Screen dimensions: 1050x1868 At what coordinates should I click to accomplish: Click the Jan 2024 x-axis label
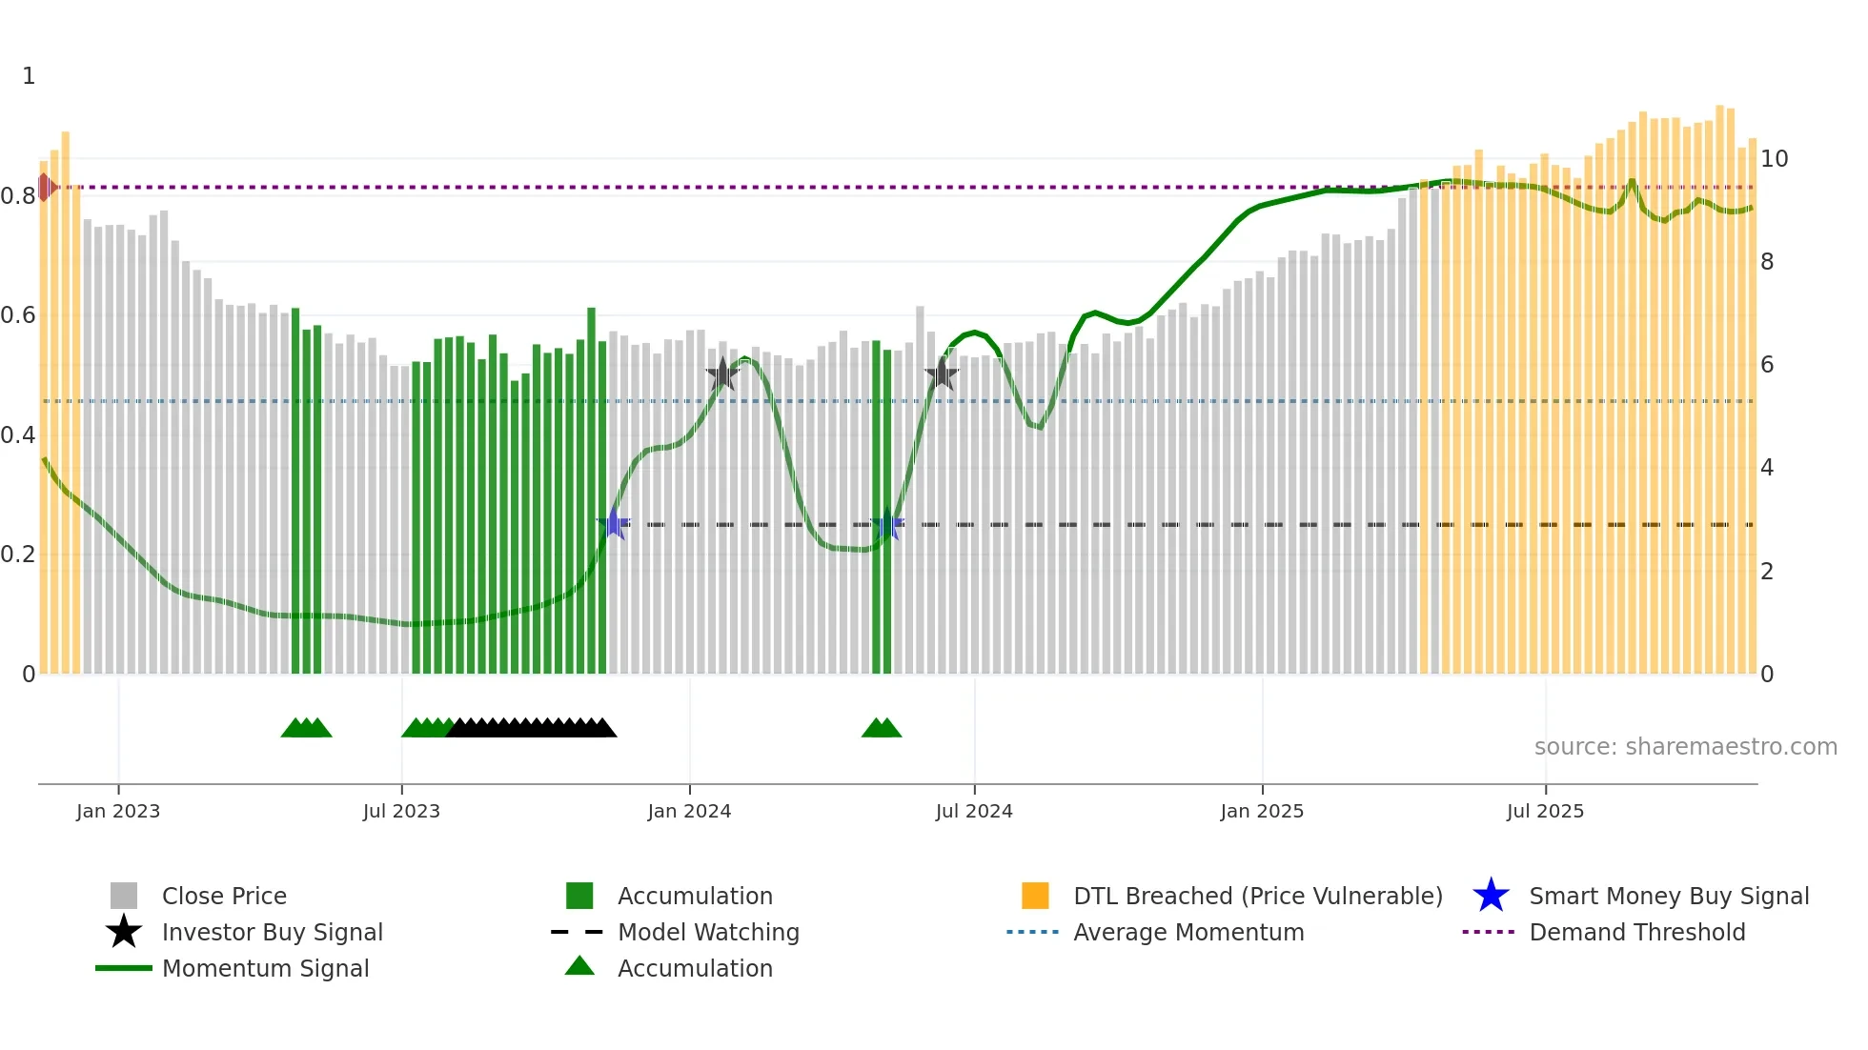[689, 811]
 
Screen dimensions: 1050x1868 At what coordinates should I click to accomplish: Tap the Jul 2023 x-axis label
[401, 811]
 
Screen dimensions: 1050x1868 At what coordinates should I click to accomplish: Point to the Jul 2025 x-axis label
[1545, 811]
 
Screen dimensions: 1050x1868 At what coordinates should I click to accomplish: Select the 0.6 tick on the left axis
[18, 315]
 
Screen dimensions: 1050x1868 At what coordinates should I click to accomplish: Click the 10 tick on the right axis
[1774, 159]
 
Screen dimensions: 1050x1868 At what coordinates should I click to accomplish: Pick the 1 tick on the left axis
[29, 76]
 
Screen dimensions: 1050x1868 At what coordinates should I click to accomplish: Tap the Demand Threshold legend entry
[1636, 932]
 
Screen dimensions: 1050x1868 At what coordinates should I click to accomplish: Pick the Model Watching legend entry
[708, 932]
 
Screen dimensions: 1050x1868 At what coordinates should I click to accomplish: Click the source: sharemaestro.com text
[1685, 746]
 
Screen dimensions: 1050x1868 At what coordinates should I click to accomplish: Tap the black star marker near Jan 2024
[722, 374]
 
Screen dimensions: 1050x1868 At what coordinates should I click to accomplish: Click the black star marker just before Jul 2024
[942, 374]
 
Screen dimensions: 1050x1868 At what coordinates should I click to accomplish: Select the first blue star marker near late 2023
[614, 523]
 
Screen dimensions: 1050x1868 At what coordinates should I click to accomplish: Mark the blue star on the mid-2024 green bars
[887, 523]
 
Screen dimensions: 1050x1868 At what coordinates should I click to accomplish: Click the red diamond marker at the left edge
[46, 187]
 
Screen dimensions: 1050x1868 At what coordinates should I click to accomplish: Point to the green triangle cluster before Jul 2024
[882, 728]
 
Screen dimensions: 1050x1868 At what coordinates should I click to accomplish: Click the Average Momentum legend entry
[1188, 932]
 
